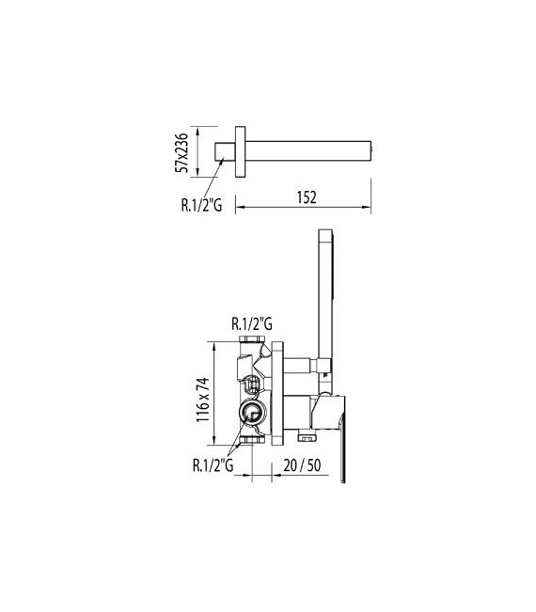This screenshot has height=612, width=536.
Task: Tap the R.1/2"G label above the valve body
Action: click(251, 323)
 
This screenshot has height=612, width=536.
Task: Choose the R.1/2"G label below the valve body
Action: click(214, 463)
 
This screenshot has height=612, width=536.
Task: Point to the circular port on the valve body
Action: click(251, 412)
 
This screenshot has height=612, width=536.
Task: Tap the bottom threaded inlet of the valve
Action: click(251, 440)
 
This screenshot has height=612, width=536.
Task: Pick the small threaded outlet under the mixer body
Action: click(304, 436)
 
